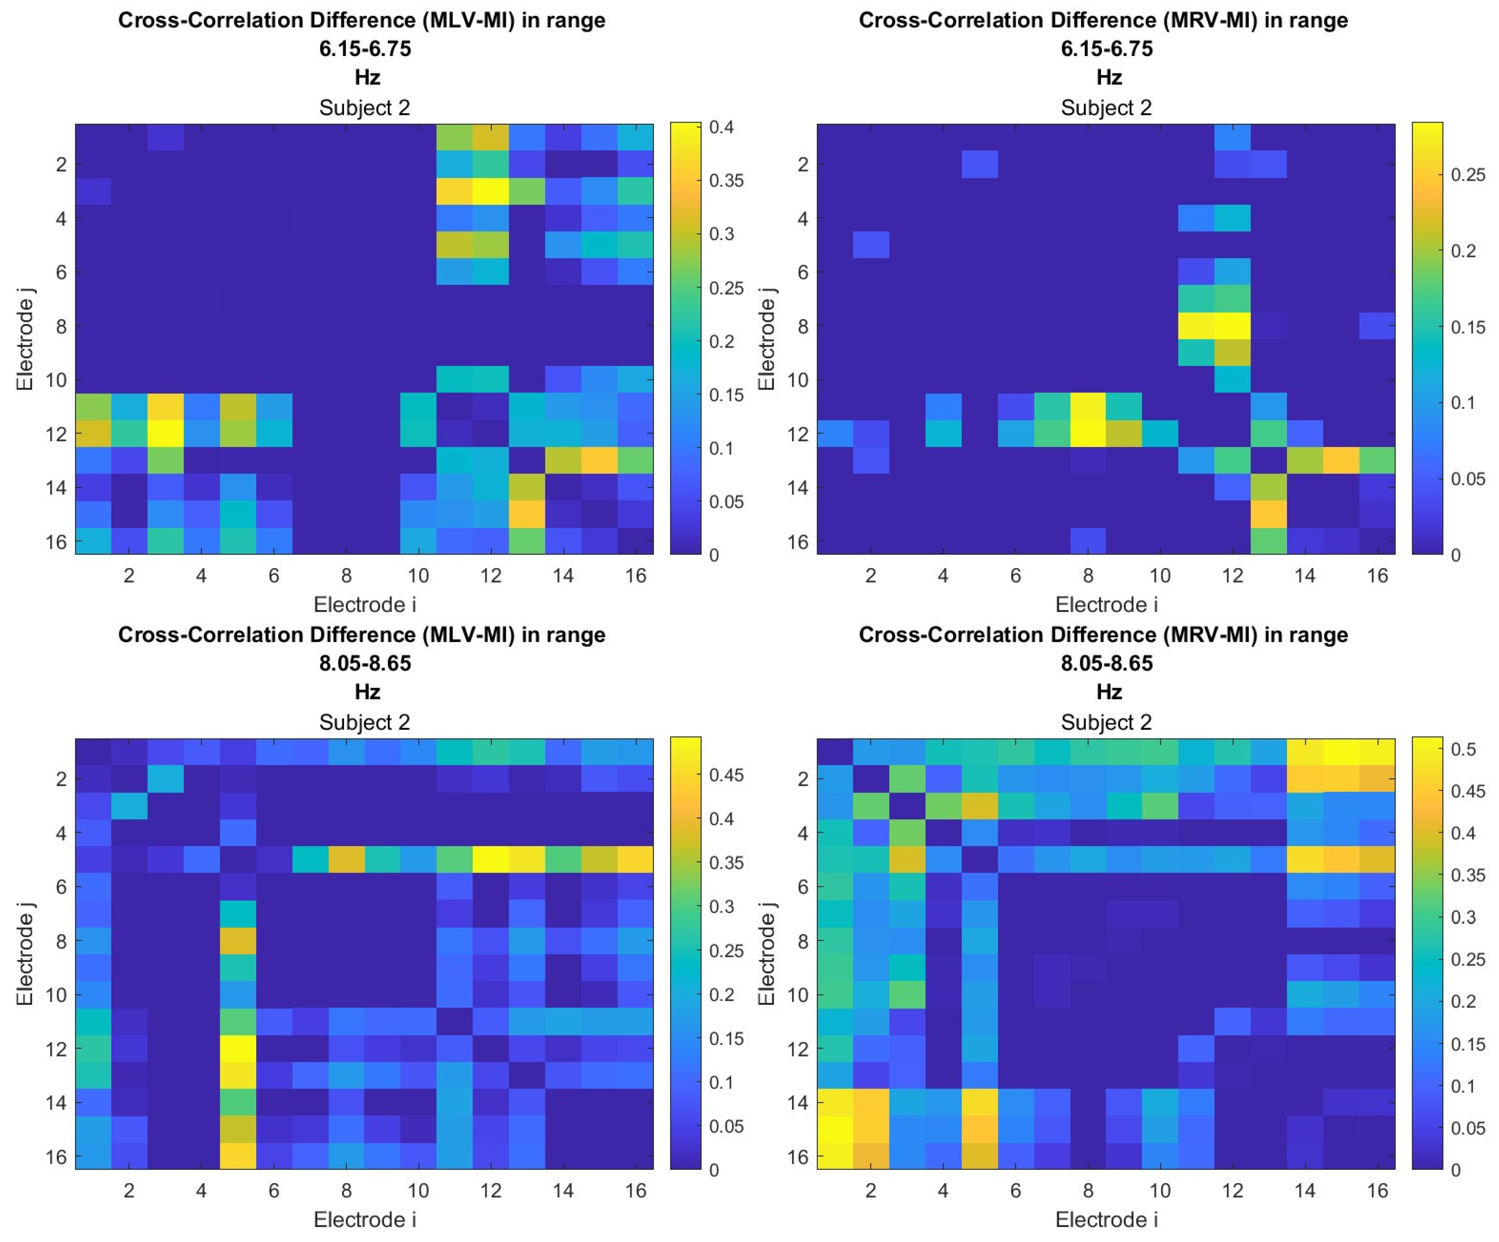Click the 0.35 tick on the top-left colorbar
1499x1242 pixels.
726,181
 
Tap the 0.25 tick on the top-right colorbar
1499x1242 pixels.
1468,175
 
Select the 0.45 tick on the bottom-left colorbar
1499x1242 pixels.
726,775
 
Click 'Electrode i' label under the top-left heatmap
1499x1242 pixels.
364,605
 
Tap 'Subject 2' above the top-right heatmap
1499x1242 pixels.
1106,108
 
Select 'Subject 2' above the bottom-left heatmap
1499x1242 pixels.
364,722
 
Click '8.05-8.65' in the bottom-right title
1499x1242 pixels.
1106,663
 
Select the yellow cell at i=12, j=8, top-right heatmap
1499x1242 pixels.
1232,326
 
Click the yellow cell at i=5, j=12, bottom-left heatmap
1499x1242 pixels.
238,1049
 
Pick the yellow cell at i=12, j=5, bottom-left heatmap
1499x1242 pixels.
490,860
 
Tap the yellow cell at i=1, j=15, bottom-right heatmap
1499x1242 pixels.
835,1129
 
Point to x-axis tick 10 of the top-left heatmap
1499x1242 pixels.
418,575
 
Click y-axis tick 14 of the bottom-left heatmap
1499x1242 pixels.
57,1102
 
